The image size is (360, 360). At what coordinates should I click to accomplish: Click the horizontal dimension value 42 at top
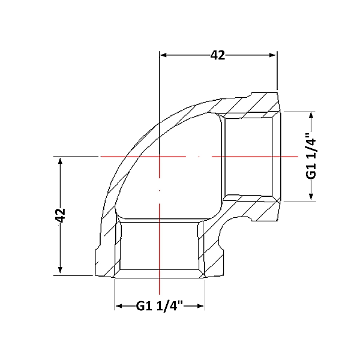point(218,55)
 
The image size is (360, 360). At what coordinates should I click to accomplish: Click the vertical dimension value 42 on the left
point(61,215)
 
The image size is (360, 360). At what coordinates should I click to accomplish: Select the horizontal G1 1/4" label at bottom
point(160,306)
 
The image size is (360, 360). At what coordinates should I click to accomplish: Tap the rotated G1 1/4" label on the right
point(311,155)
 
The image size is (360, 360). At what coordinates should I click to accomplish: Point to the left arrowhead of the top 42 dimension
point(163,55)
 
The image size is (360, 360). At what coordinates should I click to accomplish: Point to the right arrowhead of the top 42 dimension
point(272,55)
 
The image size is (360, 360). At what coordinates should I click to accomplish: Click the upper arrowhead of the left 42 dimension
point(60,161)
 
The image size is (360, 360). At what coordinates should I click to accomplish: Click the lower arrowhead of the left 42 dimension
point(60,270)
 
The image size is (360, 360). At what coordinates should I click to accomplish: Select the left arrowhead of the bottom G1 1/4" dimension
point(118,306)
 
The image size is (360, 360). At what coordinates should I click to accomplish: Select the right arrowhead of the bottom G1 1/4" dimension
point(200,306)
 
